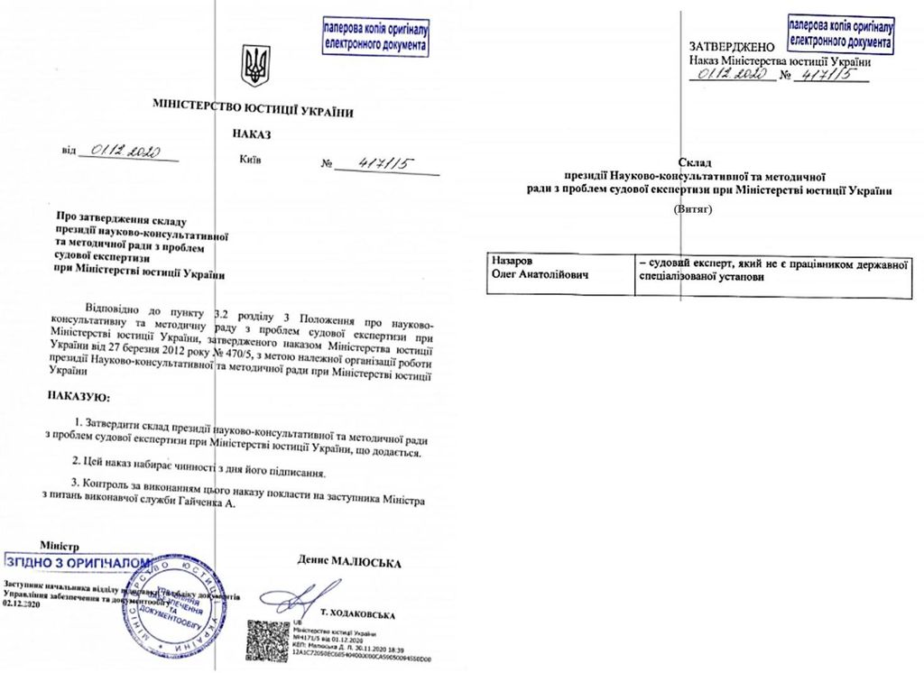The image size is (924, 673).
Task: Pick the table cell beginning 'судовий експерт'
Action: click(x=771, y=269)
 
